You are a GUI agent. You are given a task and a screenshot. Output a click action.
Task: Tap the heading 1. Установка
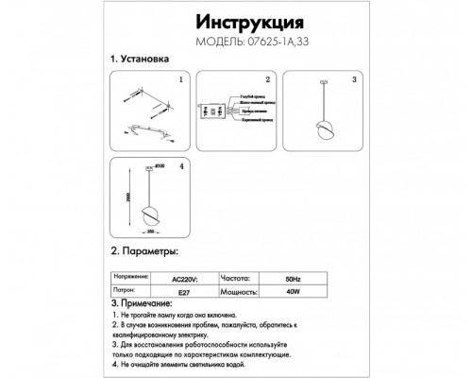click(141, 60)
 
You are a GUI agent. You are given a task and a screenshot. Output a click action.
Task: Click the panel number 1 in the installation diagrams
click(180, 81)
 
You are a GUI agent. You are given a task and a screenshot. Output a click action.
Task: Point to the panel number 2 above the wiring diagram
click(267, 81)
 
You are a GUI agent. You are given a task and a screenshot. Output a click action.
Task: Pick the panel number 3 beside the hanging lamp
click(353, 81)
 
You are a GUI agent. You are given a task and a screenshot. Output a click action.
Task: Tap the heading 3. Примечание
click(148, 302)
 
